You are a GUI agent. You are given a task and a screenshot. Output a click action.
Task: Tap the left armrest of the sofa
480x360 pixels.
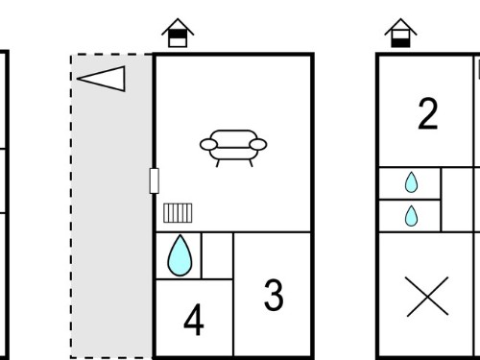(208, 145)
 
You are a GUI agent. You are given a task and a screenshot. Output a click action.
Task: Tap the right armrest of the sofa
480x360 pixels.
(258, 145)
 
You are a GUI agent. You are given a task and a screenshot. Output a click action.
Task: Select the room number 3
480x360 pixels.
(274, 295)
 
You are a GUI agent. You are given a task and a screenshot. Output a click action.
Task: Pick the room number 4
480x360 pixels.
(194, 320)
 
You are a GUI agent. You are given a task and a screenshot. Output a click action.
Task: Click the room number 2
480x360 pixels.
(428, 113)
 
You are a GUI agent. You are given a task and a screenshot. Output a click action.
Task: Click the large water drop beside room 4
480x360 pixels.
(180, 255)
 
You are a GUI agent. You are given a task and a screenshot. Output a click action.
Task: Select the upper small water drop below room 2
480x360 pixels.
(411, 182)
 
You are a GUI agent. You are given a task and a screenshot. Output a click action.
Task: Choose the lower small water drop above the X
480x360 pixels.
(411, 216)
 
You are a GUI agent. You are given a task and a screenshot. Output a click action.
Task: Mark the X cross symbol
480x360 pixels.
(427, 297)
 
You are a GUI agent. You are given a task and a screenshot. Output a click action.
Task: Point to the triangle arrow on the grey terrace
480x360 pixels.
(101, 79)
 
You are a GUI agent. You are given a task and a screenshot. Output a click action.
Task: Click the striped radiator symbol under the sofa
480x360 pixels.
(178, 213)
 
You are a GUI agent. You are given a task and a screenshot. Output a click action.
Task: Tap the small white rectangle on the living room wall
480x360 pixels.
(155, 180)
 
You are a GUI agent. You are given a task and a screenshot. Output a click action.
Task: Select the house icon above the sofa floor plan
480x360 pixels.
(178, 33)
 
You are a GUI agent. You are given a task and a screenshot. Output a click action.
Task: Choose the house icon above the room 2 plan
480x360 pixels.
(400, 33)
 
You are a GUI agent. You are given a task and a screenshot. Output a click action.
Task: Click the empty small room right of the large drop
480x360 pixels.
(217, 255)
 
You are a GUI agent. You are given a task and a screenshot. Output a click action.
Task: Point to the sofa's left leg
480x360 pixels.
(218, 163)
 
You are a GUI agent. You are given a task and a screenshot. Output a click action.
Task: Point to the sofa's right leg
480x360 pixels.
(251, 163)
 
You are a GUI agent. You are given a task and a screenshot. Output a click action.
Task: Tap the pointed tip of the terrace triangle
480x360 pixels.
(77, 79)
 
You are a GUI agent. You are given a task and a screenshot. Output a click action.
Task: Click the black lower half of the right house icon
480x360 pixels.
(400, 42)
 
